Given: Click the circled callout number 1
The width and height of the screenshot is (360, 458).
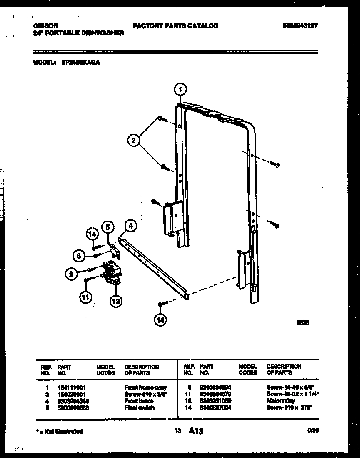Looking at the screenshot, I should (180, 89).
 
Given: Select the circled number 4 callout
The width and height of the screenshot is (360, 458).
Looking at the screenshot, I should (130, 226).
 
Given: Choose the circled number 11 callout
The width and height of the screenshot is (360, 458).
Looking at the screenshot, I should (85, 297).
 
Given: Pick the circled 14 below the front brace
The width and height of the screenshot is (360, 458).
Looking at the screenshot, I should (160, 320).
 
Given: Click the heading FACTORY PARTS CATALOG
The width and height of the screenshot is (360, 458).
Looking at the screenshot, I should (175, 26).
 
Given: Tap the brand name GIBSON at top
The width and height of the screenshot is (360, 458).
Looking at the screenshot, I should (44, 25).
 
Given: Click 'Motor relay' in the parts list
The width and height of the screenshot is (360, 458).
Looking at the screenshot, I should (280, 401).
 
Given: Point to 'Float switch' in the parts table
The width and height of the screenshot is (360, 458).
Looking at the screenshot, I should (139, 408).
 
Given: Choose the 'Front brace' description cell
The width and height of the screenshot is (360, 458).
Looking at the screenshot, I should (139, 401).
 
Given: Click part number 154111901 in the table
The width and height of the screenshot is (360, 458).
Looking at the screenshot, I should (71, 388).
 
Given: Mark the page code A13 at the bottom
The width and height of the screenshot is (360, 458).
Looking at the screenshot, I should (196, 431).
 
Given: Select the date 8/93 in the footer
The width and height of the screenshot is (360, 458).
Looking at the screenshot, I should (312, 430).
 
